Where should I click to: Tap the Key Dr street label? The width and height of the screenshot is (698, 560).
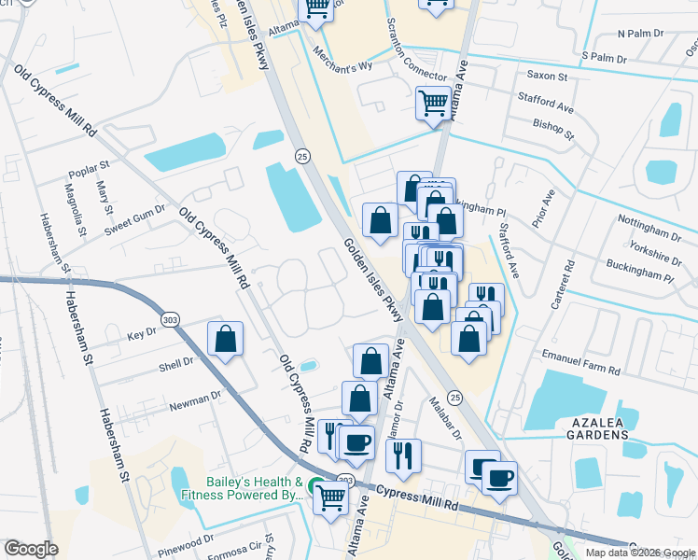coord(142,333)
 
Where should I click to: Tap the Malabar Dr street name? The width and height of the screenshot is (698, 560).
coord(446,416)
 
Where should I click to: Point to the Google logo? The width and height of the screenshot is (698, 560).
coord(31,549)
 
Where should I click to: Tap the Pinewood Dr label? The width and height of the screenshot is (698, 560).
coord(186,541)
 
